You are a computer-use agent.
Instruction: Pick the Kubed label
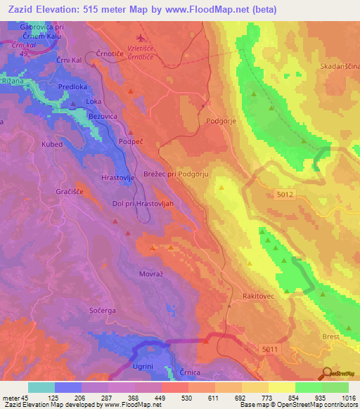pyautogui.click(x=52, y=144)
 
